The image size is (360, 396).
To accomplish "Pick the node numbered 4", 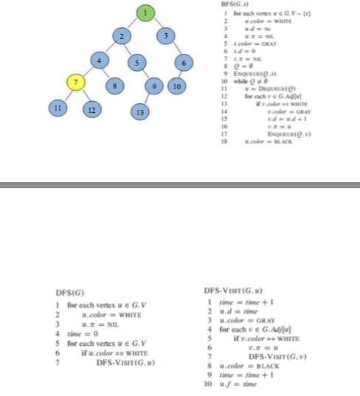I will pos(95,59).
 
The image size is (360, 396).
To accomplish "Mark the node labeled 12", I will pos(93,110).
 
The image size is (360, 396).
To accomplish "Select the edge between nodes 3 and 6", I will pos(177,49).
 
